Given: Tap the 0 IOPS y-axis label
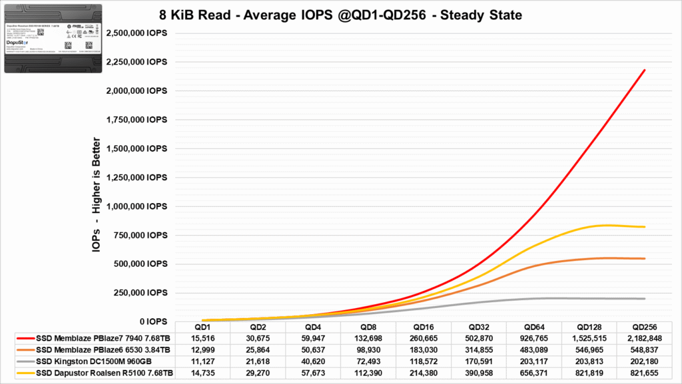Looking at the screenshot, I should click(151, 321).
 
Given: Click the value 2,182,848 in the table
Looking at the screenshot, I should click(643, 338).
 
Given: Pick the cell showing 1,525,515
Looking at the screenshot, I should click(588, 338).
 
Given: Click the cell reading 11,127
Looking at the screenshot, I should click(202, 360).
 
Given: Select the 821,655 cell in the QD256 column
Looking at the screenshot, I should click(643, 371).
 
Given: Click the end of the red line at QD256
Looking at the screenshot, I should click(645, 70).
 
